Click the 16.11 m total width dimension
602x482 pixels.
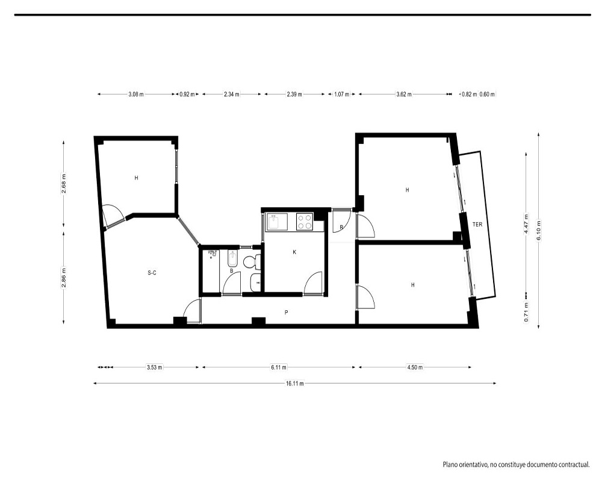tap(295, 383)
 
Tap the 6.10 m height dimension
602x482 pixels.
tap(539, 230)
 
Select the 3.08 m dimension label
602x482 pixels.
tap(136, 94)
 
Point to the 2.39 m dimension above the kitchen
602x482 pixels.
tap(294, 94)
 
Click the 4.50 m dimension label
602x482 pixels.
tap(415, 367)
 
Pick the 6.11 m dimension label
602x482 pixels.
tap(279, 367)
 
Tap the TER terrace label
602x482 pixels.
tap(477, 224)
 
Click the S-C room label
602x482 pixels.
tap(152, 273)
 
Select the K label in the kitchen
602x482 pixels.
tap(294, 252)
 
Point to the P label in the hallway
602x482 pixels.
tap(287, 313)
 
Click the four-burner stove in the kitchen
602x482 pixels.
tap(305, 222)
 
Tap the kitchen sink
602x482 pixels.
tap(278, 222)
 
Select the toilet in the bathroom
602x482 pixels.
tap(252, 262)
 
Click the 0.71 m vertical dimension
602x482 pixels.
tap(526, 312)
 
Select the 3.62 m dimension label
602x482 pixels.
tap(404, 94)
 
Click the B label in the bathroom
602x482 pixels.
tap(232, 271)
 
